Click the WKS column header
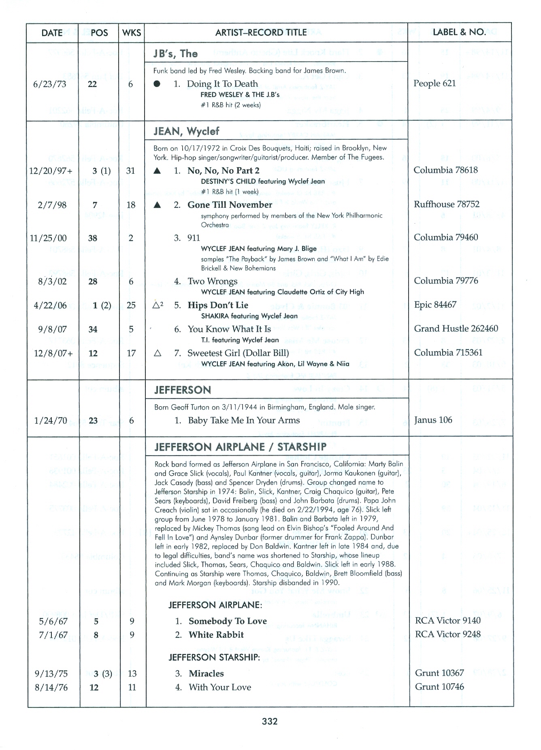(x=132, y=33)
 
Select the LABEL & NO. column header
(x=459, y=32)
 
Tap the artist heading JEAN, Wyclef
(x=186, y=131)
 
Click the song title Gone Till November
(x=230, y=205)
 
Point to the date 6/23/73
(x=49, y=84)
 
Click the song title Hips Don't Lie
(x=218, y=305)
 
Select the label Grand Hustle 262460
(x=456, y=329)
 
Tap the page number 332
(x=270, y=721)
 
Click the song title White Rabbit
(x=216, y=635)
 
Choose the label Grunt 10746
(x=439, y=687)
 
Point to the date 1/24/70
(x=51, y=421)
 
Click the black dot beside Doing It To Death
(x=157, y=84)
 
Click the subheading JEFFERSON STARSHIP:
(x=214, y=657)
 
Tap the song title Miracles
(x=206, y=674)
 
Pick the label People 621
(x=435, y=83)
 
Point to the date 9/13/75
(x=51, y=674)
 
